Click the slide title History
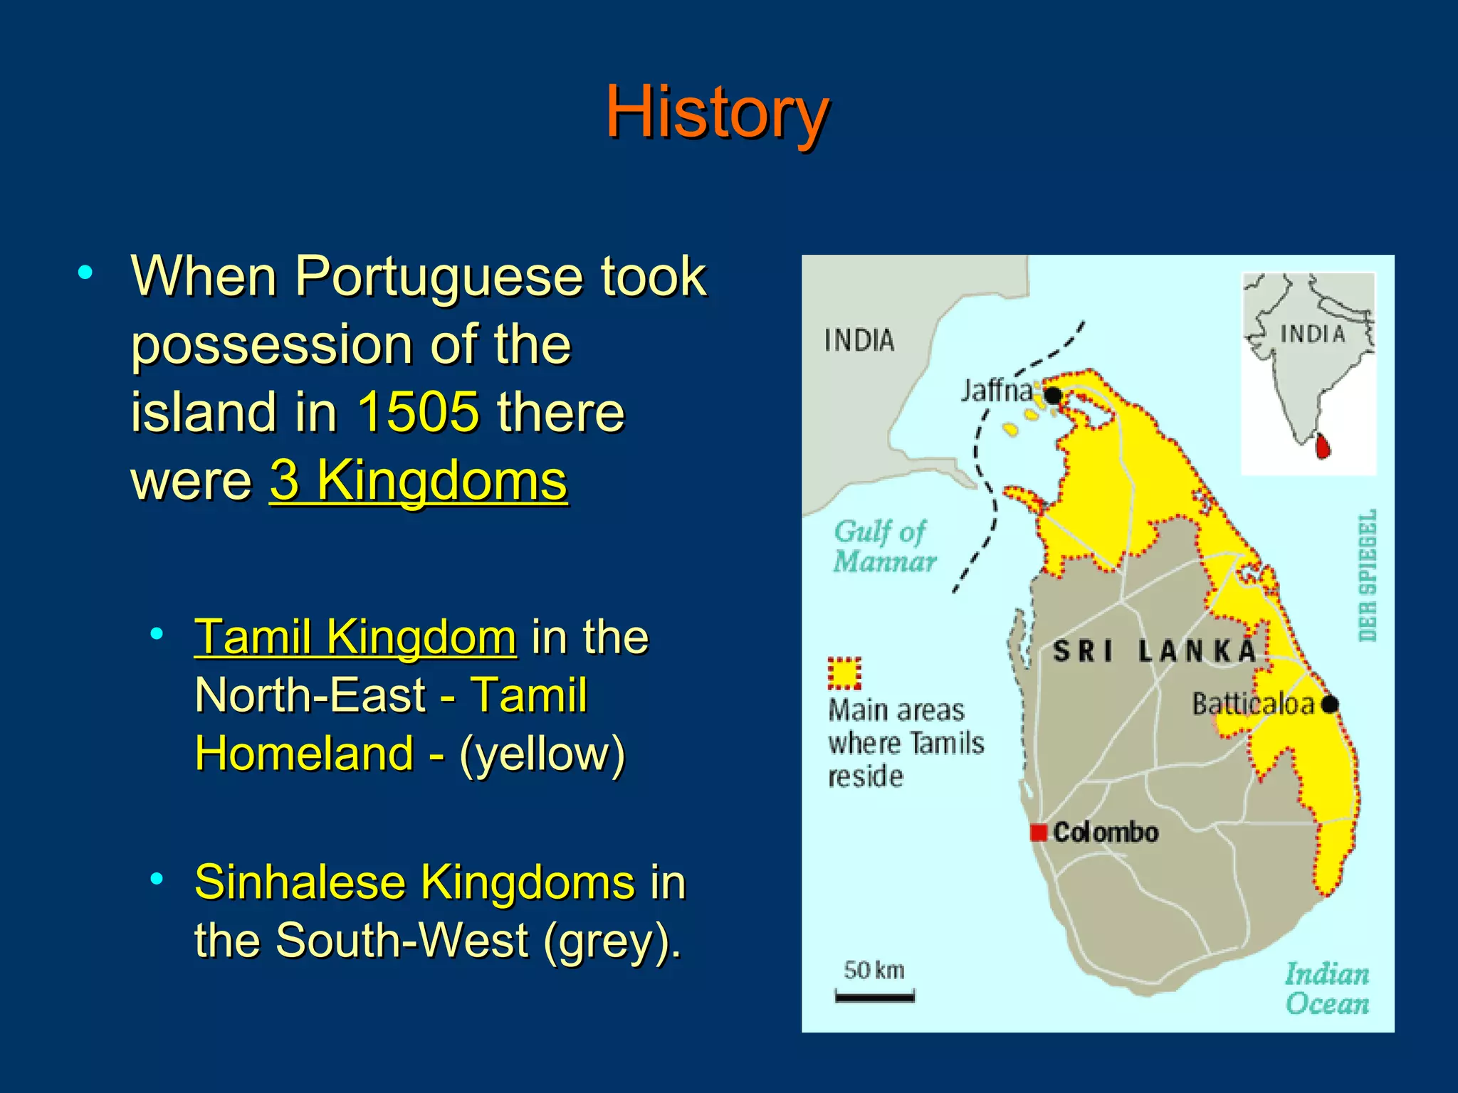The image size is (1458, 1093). click(x=717, y=112)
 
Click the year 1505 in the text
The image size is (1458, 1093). click(x=418, y=413)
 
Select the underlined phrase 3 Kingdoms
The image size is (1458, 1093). click(x=419, y=481)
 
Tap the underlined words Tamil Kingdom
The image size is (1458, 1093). click(x=355, y=637)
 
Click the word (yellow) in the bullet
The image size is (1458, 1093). click(x=542, y=754)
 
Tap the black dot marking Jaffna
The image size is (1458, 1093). click(x=1053, y=395)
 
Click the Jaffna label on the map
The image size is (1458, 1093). click(x=996, y=391)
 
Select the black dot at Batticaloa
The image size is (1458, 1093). click(x=1329, y=704)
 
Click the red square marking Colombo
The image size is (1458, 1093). click(x=1039, y=832)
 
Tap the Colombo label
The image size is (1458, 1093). click(x=1105, y=832)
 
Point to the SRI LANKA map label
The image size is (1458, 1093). click(x=1154, y=651)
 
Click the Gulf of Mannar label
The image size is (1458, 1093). click(x=883, y=546)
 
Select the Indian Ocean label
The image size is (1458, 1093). click(x=1326, y=988)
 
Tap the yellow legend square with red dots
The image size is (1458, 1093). click(x=844, y=673)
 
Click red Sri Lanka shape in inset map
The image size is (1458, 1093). click(x=1323, y=446)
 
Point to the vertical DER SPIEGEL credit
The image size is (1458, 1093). click(x=1367, y=575)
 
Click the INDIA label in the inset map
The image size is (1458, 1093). click(x=1312, y=334)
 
